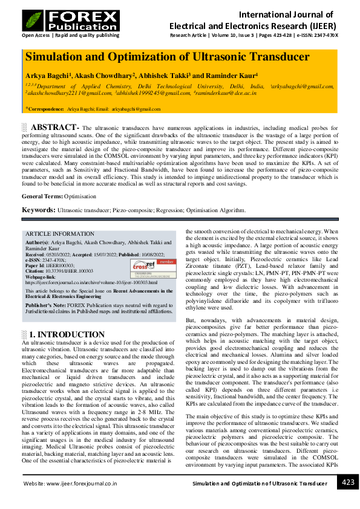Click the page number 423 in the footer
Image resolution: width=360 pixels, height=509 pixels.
click(x=348, y=482)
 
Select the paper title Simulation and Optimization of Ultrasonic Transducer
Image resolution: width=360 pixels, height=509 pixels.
click(x=167, y=57)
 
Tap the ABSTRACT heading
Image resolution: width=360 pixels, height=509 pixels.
click(x=54, y=128)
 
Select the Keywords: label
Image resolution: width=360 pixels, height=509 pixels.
click(x=39, y=210)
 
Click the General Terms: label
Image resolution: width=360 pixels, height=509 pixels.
click(x=42, y=197)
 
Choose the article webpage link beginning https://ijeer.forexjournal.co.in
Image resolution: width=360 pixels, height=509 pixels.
click(x=91, y=282)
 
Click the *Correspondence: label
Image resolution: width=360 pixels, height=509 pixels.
click(x=44, y=109)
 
